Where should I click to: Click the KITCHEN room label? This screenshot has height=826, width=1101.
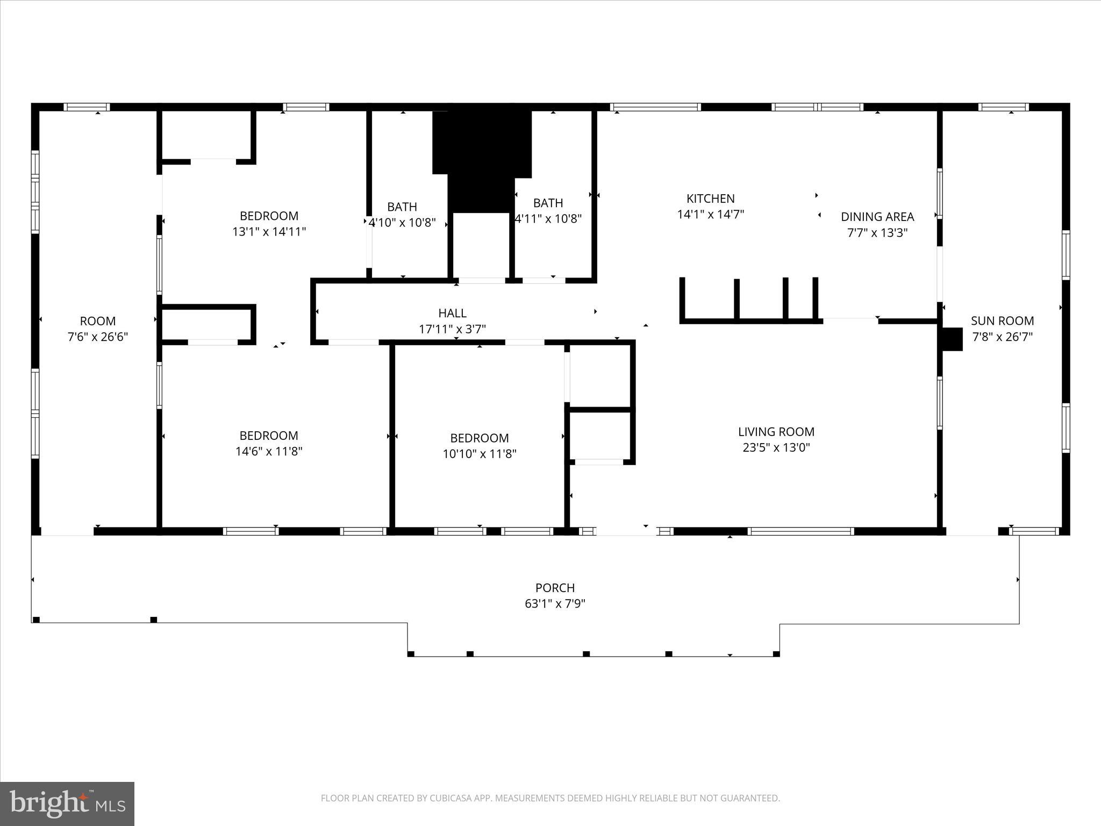point(710,198)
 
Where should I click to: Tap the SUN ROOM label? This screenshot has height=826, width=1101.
point(1002,321)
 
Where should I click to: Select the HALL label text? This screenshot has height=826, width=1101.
point(452,313)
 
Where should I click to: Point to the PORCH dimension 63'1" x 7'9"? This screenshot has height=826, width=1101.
point(555,604)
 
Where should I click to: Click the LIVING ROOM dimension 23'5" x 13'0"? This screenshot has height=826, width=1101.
point(776,447)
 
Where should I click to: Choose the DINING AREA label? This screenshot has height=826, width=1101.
point(877,217)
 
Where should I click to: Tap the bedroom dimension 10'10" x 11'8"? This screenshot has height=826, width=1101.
point(479,454)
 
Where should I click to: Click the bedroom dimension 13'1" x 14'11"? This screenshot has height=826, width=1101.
point(269,232)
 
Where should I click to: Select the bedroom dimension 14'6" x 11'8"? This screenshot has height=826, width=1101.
point(269,451)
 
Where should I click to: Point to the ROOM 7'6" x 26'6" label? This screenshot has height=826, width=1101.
point(97,322)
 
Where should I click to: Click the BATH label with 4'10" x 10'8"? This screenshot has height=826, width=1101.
point(402,207)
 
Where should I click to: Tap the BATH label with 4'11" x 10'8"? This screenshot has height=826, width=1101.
point(548,203)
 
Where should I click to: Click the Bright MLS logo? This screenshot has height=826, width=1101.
point(67,804)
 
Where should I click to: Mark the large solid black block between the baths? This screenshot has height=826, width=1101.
point(482,156)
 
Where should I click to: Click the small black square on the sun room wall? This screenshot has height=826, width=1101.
point(952,339)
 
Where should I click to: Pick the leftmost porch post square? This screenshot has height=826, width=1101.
point(37,620)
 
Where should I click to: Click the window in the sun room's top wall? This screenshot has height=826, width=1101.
point(1003,107)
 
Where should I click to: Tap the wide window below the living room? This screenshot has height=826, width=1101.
point(800,531)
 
